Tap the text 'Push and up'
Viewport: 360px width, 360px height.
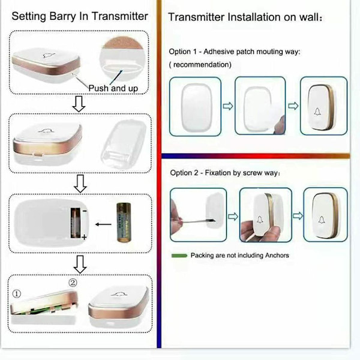click(113, 88)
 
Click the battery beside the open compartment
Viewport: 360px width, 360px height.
click(124, 222)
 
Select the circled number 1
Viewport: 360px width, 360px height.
click(17, 293)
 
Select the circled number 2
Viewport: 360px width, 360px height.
click(73, 283)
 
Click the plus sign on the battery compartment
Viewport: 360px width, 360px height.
click(84, 237)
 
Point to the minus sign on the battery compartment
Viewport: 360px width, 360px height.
click(85, 211)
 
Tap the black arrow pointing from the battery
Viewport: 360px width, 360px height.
click(103, 224)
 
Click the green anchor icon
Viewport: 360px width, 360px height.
click(179, 256)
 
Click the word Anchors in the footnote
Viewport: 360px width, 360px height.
click(277, 256)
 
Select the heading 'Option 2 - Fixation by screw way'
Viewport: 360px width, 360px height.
click(225, 173)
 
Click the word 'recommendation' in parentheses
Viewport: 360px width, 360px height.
click(202, 65)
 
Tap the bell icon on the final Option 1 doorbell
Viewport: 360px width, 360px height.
click(317, 112)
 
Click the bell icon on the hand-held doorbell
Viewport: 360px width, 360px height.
click(260, 220)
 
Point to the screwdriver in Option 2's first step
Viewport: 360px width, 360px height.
click(197, 221)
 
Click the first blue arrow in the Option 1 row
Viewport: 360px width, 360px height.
click(228, 106)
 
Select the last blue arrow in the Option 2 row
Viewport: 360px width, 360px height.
click(298, 216)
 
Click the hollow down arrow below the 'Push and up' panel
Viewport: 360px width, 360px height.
click(79, 104)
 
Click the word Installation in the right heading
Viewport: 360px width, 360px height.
click(254, 17)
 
